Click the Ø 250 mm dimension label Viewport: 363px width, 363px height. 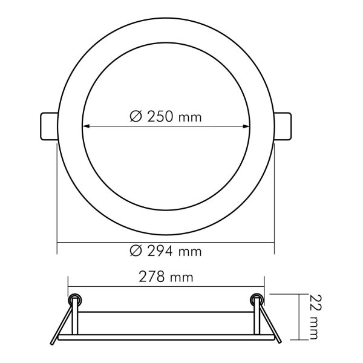[x=166, y=117]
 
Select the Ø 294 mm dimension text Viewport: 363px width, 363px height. [x=166, y=250]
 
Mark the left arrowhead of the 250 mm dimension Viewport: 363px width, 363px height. [x=85, y=126]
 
